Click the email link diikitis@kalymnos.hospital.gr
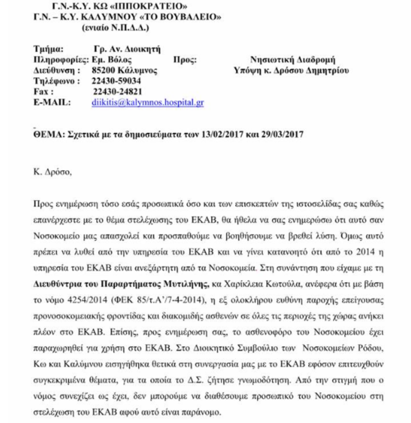click(148, 102)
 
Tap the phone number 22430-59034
click(116, 81)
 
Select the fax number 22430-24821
click(117, 92)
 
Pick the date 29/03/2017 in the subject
click(282, 134)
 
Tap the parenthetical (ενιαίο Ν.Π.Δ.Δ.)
click(116, 28)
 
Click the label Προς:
click(185, 60)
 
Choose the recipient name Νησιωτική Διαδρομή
click(292, 60)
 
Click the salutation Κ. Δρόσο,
click(52, 172)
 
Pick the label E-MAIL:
click(52, 102)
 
